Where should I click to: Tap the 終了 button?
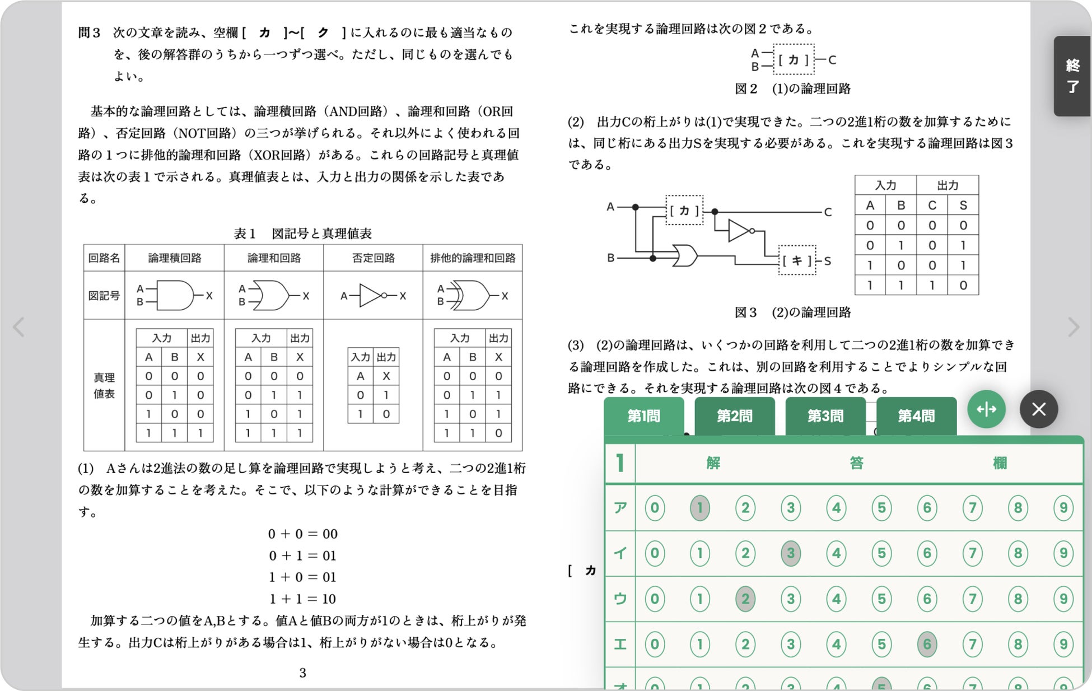(1072, 76)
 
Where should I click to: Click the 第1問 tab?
(643, 416)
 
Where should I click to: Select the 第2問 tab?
(734, 416)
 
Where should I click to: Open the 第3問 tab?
(825, 416)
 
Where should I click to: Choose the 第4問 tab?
(916, 416)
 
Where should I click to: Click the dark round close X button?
(1038, 409)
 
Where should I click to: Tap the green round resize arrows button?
(986, 409)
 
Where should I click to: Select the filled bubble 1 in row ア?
(699, 508)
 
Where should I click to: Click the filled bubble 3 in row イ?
(790, 553)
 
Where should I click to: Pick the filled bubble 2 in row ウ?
(745, 599)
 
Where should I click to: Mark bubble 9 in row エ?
(1063, 644)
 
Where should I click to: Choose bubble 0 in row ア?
(654, 508)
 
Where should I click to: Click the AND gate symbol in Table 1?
(175, 296)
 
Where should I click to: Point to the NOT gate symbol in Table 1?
(372, 296)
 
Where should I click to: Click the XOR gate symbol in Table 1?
(472, 296)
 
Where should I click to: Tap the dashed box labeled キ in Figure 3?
(797, 260)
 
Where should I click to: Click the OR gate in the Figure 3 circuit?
(685, 256)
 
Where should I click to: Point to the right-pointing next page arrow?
(1072, 327)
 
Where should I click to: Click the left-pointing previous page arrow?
(19, 327)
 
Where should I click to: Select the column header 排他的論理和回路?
(472, 258)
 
